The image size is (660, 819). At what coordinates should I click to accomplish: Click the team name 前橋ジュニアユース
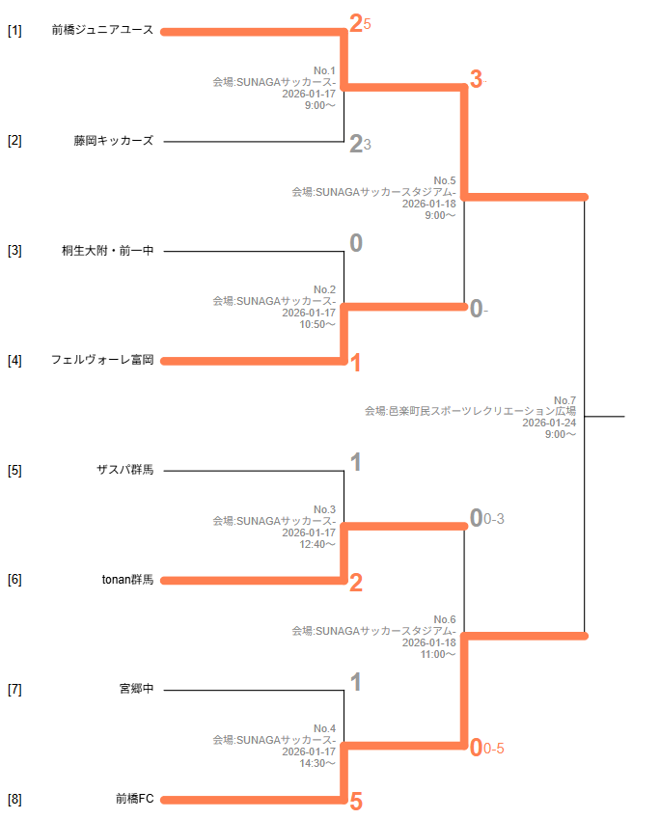[102, 30]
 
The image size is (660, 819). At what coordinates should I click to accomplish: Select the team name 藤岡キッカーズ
[113, 141]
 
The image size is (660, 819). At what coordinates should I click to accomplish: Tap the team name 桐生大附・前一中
[107, 251]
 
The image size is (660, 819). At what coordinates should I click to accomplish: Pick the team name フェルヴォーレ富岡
[102, 361]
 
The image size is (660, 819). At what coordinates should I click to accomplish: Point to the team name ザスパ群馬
[124, 471]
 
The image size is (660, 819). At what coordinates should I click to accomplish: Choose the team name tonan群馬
[127, 580]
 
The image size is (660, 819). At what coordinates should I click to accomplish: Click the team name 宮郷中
[136, 690]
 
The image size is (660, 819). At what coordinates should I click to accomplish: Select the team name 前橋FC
[134, 799]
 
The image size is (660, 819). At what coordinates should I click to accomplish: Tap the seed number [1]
[14, 31]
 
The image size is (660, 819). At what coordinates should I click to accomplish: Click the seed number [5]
[14, 471]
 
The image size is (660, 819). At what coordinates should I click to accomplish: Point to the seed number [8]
[14, 800]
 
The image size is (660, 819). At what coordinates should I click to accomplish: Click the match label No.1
[324, 70]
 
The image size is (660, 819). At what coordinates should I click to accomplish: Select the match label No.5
[444, 180]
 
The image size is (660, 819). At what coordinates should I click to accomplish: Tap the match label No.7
[564, 400]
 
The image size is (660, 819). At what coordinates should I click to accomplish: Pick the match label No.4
[324, 728]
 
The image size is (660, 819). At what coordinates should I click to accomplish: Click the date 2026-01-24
[549, 423]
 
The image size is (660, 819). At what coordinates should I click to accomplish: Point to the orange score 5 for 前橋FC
[356, 802]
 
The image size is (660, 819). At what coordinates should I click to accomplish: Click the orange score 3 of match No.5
[476, 80]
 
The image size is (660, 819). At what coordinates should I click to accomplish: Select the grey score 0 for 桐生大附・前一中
[356, 243]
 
